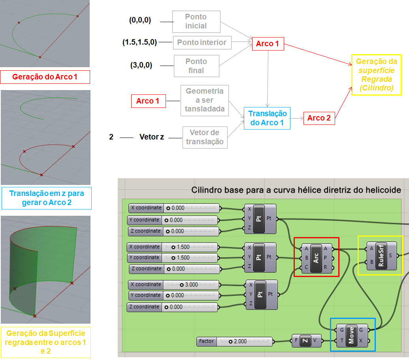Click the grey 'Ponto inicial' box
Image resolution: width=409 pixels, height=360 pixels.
point(196,21)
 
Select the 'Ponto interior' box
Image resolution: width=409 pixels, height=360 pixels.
point(202,42)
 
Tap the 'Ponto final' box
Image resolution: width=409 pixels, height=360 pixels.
point(196,66)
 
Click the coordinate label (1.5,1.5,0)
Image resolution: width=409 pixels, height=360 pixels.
point(139,42)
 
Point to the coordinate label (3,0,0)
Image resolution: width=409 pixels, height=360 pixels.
point(141,65)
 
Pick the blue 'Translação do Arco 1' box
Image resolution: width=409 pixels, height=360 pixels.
point(267,118)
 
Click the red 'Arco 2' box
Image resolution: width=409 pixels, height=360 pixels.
point(319,118)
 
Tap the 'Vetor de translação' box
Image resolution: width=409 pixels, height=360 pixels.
point(205,137)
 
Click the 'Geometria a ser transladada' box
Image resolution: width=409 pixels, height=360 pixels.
point(204,100)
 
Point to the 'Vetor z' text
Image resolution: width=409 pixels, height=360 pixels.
point(152,138)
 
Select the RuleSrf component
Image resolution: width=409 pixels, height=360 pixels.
point(381,256)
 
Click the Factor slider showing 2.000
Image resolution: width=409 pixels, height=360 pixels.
point(234,341)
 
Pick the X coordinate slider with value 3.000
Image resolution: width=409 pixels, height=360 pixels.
point(173,285)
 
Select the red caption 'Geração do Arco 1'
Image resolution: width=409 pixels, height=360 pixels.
point(45,77)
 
